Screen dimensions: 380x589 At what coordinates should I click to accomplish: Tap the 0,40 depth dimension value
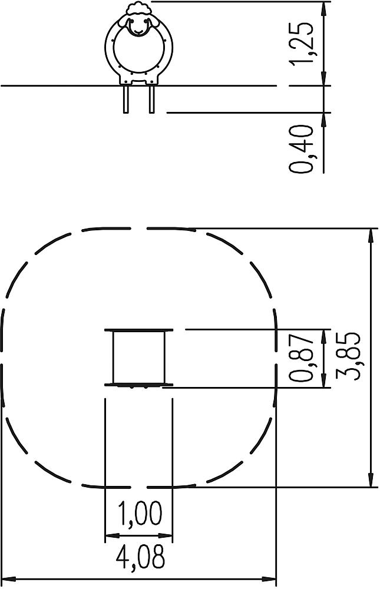pos(302,149)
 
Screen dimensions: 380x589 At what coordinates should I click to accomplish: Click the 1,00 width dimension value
pos(140,513)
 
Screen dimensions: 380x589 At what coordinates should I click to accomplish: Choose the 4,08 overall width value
pos(140,557)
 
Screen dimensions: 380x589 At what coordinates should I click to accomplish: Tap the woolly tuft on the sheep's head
pos(138,8)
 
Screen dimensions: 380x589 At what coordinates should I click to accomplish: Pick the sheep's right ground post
pos(152,99)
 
